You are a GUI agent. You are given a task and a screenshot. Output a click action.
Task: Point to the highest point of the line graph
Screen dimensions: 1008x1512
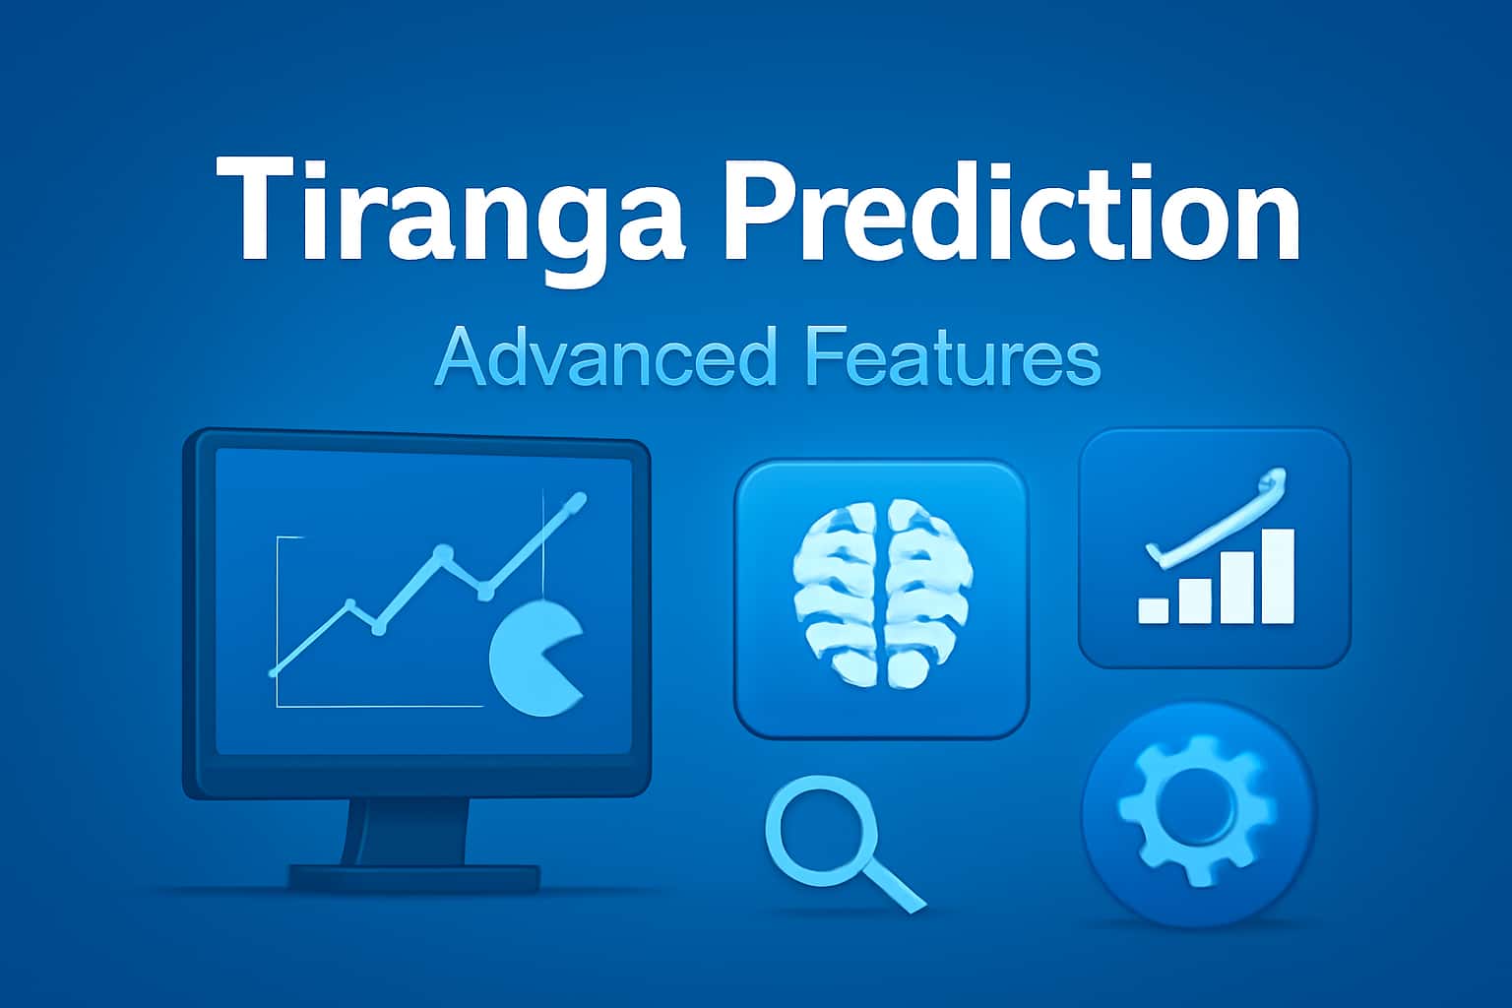point(578,500)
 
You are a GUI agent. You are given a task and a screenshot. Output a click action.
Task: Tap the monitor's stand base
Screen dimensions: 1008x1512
point(413,876)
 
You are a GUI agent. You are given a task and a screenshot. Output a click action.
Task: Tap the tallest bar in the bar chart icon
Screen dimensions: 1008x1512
point(1277,577)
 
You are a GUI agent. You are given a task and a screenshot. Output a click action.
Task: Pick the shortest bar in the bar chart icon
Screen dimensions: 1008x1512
point(1154,608)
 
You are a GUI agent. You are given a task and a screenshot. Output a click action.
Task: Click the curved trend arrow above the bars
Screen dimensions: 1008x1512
point(1221,526)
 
